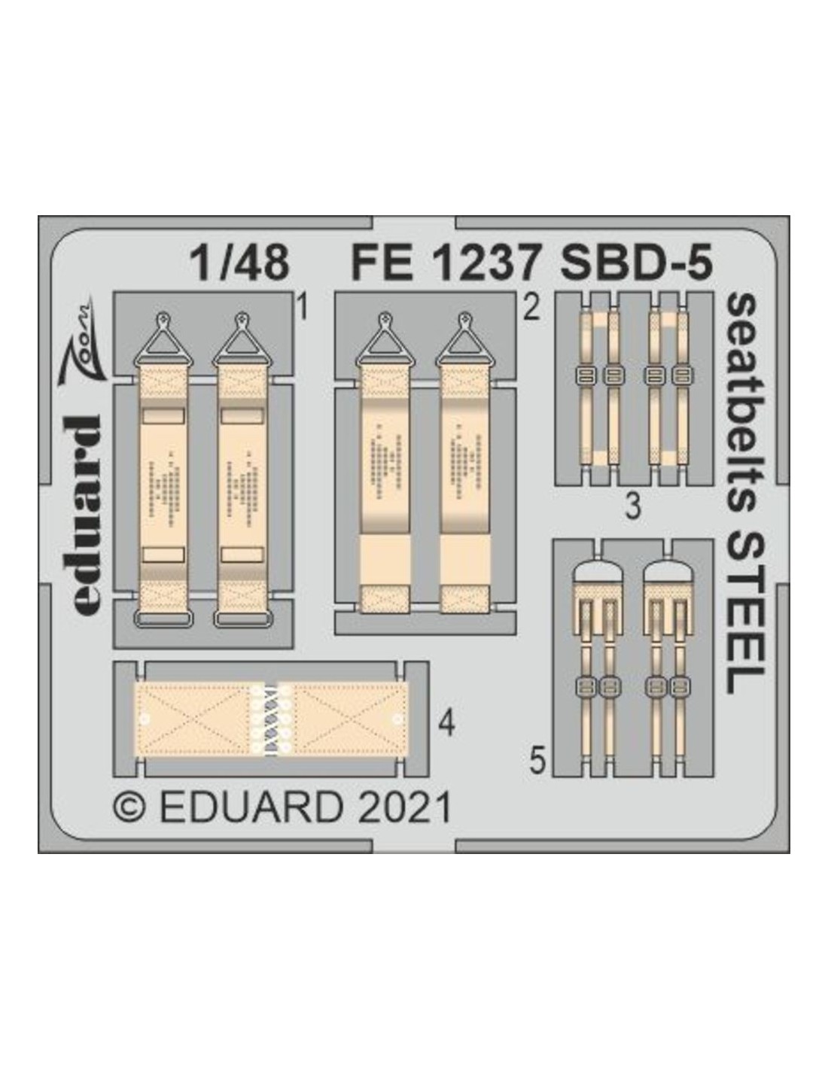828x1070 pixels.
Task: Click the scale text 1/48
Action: (x=239, y=263)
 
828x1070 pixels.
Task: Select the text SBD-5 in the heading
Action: (x=636, y=263)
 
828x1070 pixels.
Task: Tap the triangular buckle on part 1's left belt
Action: (x=163, y=340)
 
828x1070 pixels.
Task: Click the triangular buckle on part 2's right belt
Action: (x=463, y=340)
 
